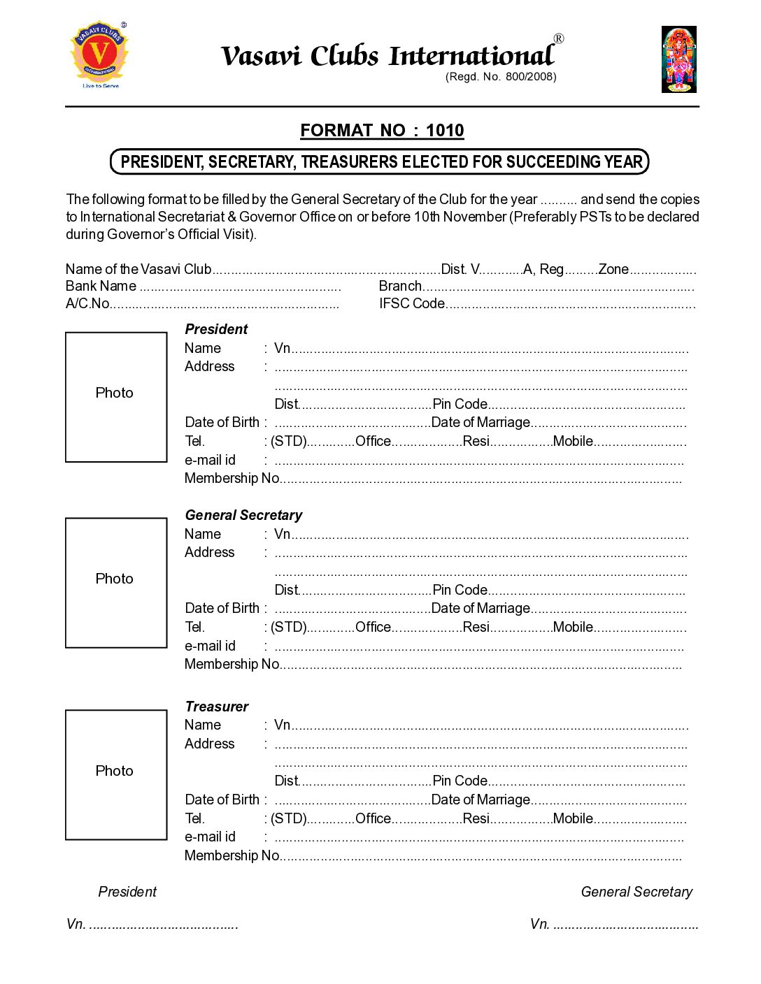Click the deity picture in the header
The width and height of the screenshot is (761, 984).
[678, 59]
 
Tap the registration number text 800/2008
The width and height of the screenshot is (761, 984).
[530, 77]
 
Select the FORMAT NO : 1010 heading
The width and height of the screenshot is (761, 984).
[382, 131]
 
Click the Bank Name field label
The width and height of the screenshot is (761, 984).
[101, 286]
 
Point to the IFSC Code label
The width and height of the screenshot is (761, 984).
[412, 303]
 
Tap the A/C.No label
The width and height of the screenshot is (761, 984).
[87, 303]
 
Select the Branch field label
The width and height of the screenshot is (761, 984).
[400, 286]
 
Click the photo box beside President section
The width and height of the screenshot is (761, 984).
[116, 397]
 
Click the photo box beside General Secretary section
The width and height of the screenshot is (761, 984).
[116, 583]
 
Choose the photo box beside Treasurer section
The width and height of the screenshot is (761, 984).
[116, 774]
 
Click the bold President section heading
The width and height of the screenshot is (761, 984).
[216, 329]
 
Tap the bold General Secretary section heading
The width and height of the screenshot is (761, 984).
[243, 515]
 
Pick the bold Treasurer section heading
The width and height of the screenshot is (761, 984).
[217, 707]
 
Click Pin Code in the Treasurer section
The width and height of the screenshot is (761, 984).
[460, 781]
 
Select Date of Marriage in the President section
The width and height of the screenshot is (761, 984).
[481, 422]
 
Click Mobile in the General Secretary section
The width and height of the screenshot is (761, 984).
[573, 627]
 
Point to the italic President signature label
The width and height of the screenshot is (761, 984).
[127, 892]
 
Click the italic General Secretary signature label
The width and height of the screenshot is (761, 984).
[636, 892]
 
